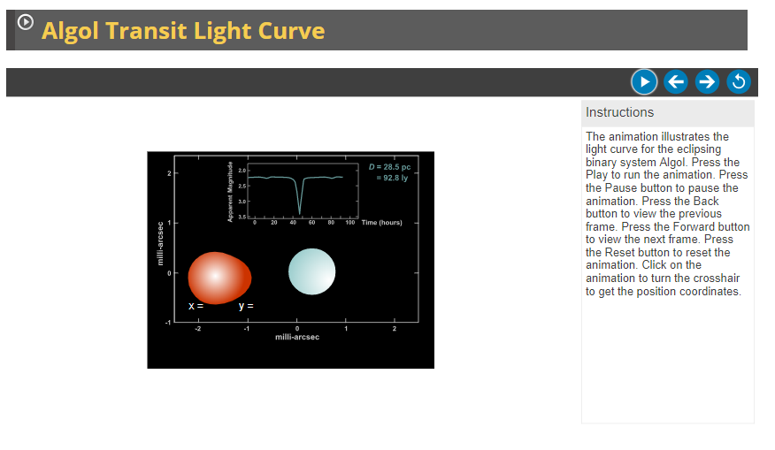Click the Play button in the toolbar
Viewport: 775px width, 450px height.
click(x=644, y=82)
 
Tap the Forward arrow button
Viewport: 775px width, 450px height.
click(x=707, y=82)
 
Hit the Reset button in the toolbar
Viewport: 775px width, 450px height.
click(x=738, y=82)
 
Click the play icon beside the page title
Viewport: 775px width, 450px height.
click(x=26, y=23)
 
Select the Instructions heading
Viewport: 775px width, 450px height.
click(x=619, y=112)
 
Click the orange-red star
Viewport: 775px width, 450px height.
click(x=219, y=278)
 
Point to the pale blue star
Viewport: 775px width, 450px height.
click(x=312, y=271)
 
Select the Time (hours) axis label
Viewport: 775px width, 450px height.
click(x=381, y=223)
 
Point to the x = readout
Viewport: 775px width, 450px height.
click(x=196, y=306)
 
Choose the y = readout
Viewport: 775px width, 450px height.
click(x=245, y=306)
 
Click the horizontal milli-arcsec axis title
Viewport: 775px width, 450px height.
click(x=296, y=337)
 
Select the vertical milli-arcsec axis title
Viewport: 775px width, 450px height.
click(x=160, y=247)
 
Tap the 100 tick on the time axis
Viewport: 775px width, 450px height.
click(x=350, y=223)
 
